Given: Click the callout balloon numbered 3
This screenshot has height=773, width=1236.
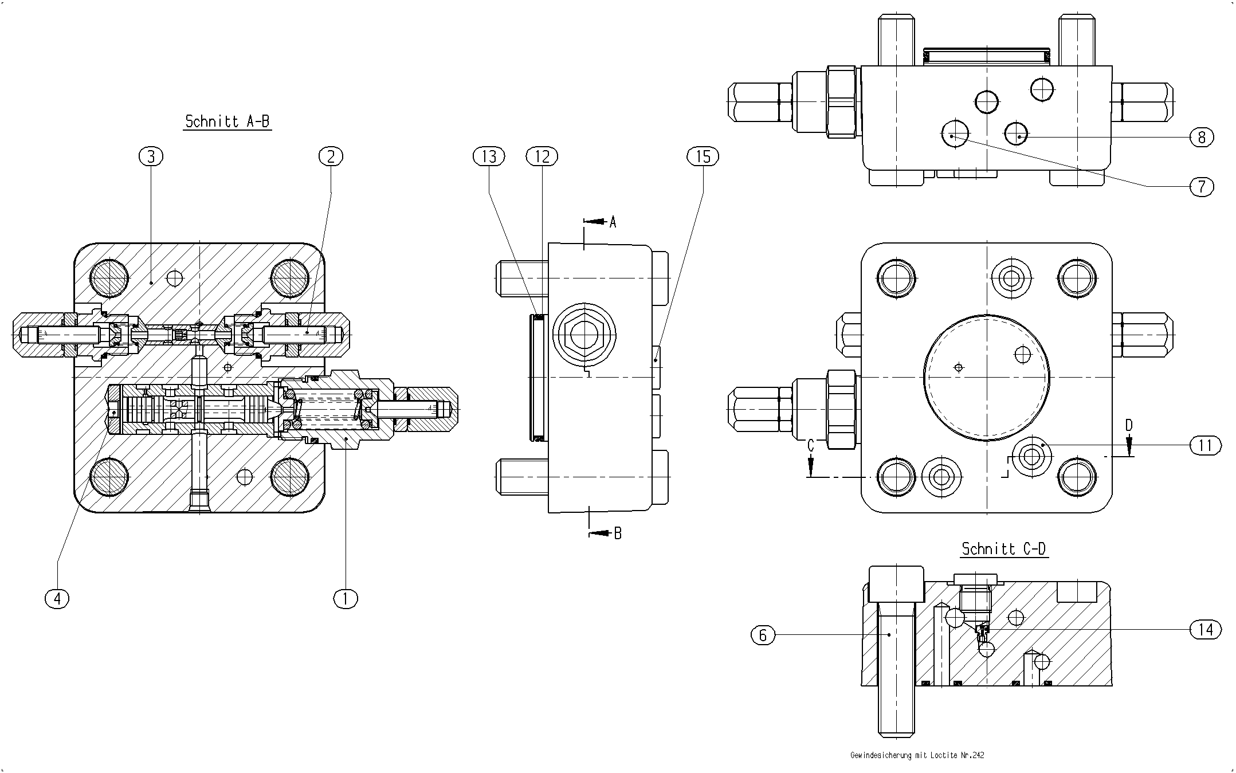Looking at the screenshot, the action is pyautogui.click(x=151, y=156).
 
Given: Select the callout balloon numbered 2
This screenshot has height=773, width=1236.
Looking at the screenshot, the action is pyautogui.click(x=331, y=156).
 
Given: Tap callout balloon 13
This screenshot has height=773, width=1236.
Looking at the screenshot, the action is pyautogui.click(x=489, y=156).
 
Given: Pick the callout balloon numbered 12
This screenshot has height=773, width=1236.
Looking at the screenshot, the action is pyautogui.click(x=542, y=156).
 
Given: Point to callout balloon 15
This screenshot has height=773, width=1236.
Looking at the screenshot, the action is pyautogui.click(x=703, y=156).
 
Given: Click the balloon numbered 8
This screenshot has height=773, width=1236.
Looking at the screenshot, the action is pyautogui.click(x=1202, y=137).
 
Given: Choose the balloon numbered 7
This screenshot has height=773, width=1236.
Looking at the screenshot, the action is pyautogui.click(x=1202, y=186).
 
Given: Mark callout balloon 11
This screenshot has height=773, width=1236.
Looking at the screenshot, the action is pyautogui.click(x=1206, y=445).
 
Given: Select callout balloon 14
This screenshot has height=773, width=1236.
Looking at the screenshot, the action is pyautogui.click(x=1206, y=630).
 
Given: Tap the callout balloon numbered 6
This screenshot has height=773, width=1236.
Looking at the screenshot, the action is pyautogui.click(x=763, y=634).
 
